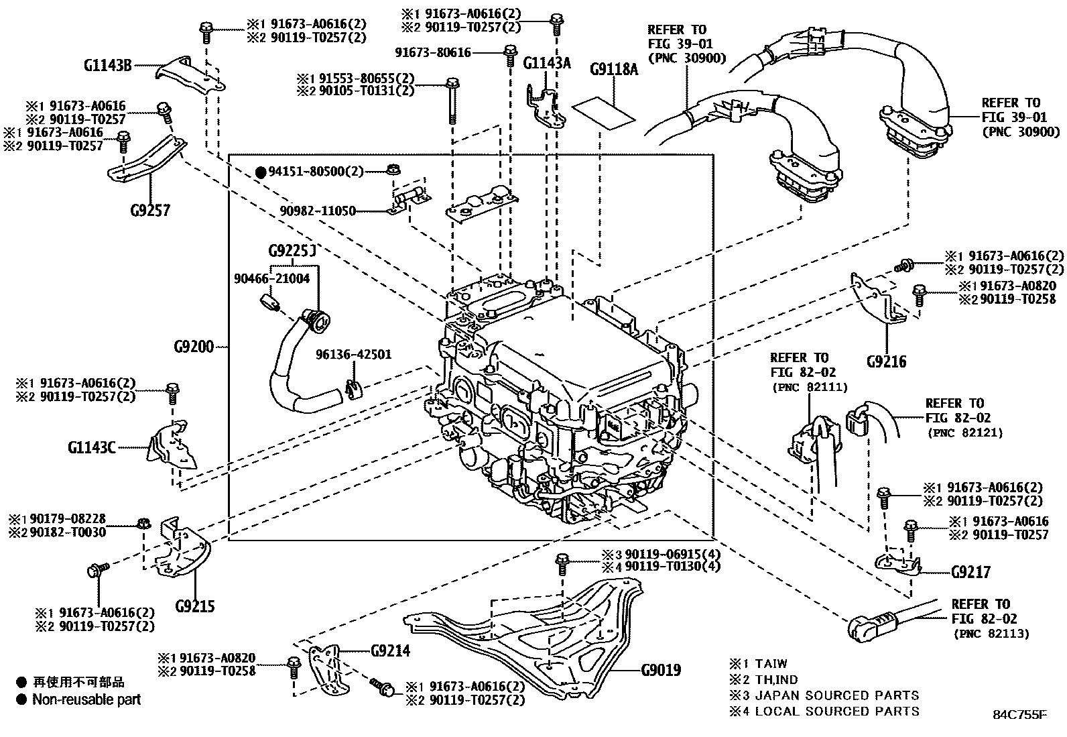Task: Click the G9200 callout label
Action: (x=193, y=347)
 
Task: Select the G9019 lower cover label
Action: (x=660, y=670)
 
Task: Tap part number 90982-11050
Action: (x=318, y=211)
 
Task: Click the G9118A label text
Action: (x=613, y=69)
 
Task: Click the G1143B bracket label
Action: (x=107, y=65)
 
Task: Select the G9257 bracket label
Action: (x=150, y=210)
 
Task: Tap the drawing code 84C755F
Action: (x=1019, y=715)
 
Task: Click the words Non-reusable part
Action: (x=86, y=699)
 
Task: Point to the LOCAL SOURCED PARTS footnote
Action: (x=837, y=711)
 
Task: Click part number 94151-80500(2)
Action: (x=315, y=172)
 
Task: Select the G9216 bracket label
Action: (x=886, y=362)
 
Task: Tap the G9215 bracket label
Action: (x=195, y=606)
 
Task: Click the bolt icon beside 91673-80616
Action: (x=509, y=54)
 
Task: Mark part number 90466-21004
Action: (x=271, y=278)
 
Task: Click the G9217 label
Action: (x=970, y=572)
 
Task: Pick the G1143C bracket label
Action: (x=91, y=447)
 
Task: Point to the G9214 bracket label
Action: (x=390, y=650)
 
